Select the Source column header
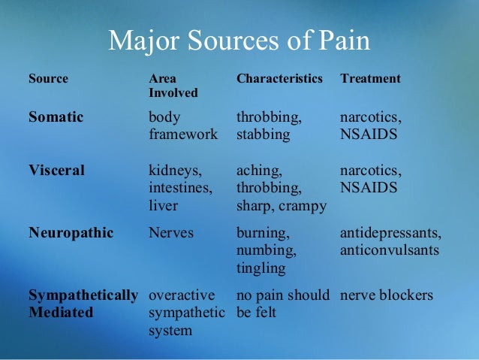48,78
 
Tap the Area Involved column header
173,86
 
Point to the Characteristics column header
279,78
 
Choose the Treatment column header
371,78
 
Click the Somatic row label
56,118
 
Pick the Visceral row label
57,171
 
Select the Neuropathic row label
71,233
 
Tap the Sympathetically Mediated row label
83,304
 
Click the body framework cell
183,126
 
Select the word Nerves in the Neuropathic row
171,233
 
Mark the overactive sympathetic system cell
188,313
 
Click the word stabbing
264,135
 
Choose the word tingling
261,268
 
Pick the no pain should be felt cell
283,304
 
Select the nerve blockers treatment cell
387,295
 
